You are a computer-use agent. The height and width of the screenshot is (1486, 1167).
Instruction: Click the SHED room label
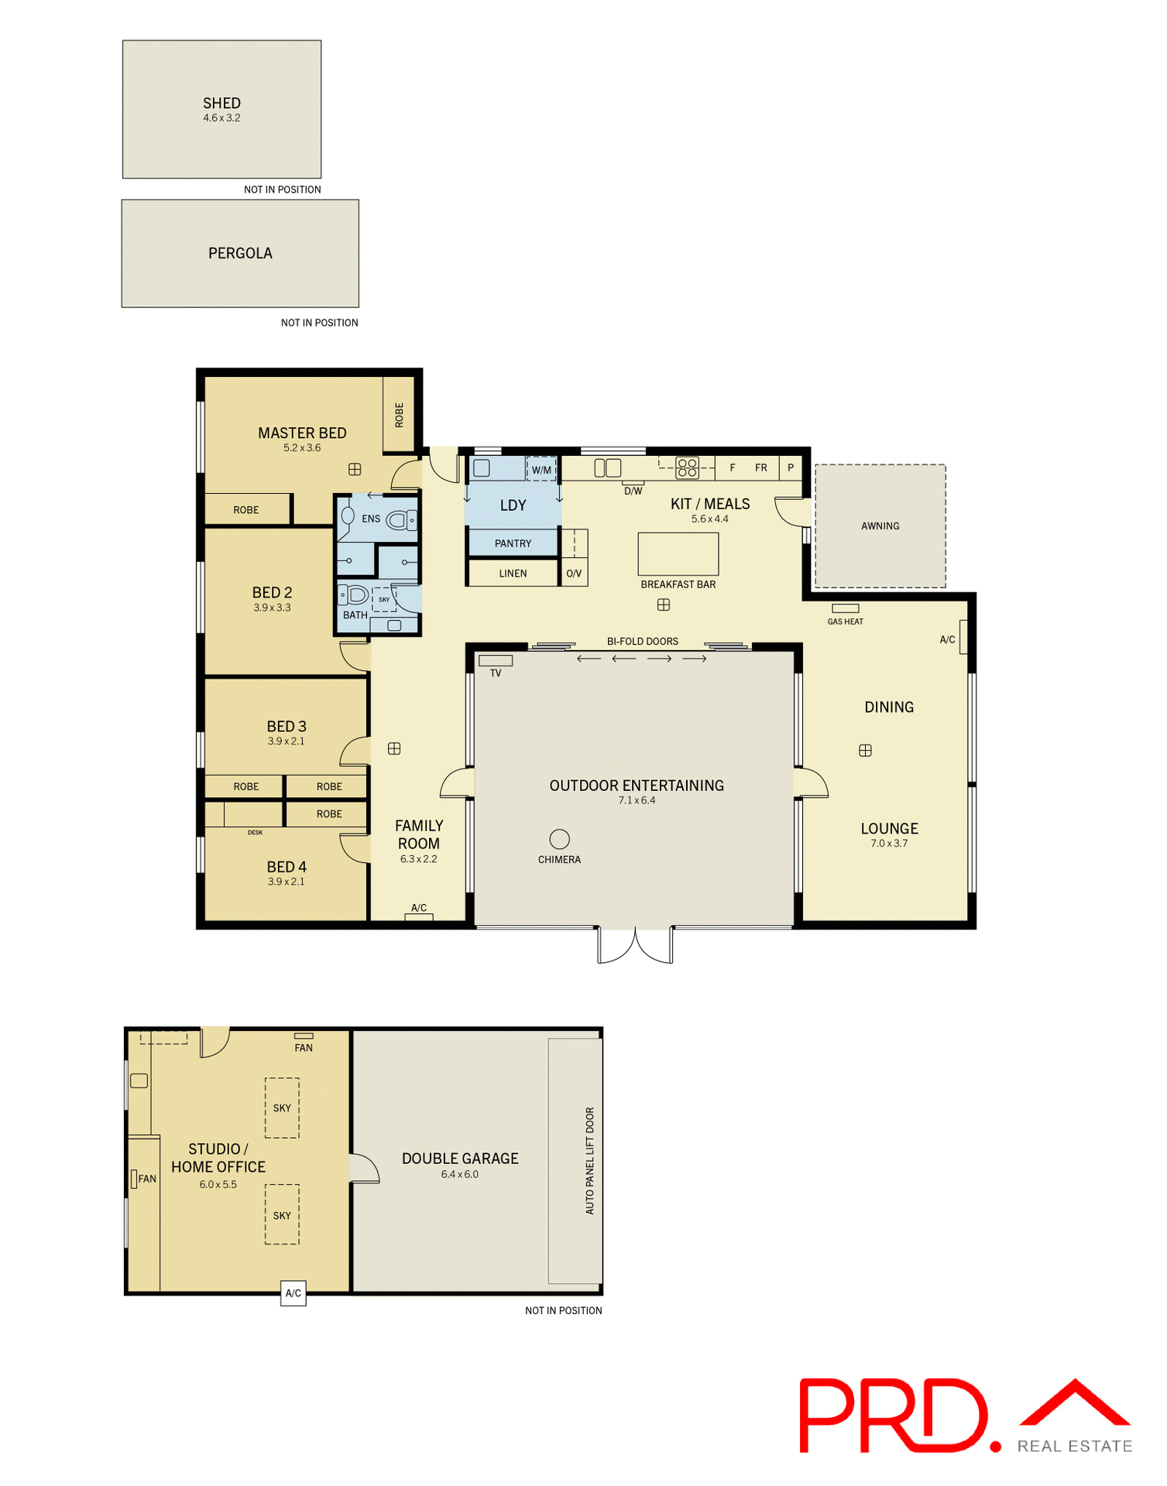click(221, 103)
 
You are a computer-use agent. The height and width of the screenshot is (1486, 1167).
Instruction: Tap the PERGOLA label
click(240, 253)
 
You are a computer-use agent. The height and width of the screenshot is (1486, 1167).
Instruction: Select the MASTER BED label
click(302, 433)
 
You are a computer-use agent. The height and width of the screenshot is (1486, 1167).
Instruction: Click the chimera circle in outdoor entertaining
click(559, 839)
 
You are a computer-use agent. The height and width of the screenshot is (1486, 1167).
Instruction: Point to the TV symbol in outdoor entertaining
click(496, 661)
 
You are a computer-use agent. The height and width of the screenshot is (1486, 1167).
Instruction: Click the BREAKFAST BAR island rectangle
click(678, 553)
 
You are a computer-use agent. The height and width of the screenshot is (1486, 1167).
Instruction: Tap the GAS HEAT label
click(845, 621)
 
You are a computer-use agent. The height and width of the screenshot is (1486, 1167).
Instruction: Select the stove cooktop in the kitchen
click(688, 467)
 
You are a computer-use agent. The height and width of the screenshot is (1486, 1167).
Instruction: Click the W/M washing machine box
click(541, 469)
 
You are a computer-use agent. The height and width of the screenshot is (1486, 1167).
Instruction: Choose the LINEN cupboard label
click(513, 574)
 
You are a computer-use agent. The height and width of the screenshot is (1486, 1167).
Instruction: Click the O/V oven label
click(574, 574)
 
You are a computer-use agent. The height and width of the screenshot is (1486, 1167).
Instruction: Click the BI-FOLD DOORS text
click(642, 642)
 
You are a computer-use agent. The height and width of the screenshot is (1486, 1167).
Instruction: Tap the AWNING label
click(880, 526)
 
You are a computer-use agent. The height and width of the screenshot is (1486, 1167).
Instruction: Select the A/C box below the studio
click(293, 1293)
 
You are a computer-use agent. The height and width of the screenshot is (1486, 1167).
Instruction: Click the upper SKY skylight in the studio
click(282, 1108)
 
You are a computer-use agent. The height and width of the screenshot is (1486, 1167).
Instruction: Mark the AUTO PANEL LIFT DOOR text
click(590, 1161)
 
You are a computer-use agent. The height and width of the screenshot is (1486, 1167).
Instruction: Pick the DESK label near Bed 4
click(255, 833)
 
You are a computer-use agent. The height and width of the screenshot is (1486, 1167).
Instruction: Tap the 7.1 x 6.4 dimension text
click(637, 800)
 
